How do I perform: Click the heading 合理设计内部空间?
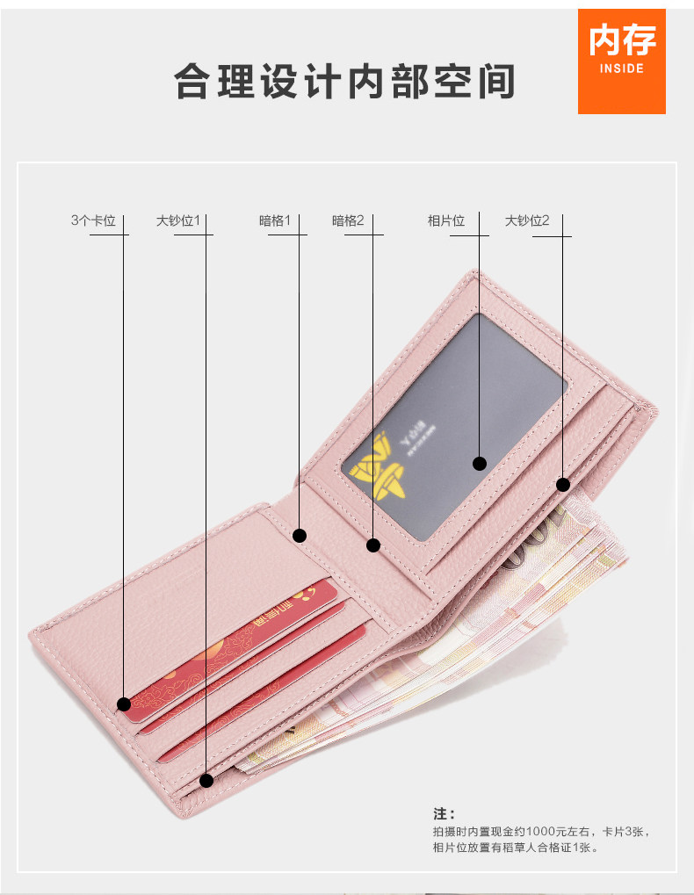[x=344, y=82]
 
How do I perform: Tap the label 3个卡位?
[x=93, y=221]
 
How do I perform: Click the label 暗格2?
[x=348, y=221]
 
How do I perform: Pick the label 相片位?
[x=446, y=221]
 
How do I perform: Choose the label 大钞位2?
[x=527, y=221]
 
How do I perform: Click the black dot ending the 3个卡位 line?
[x=124, y=704]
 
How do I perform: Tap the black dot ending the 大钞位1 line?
[x=206, y=779]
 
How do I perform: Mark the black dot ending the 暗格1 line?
[x=300, y=534]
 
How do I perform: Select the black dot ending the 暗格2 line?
[x=373, y=545]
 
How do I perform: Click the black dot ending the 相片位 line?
[x=480, y=463]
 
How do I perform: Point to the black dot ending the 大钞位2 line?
[x=563, y=484]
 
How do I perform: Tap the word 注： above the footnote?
[x=445, y=814]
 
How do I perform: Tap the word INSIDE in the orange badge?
[x=621, y=69]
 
